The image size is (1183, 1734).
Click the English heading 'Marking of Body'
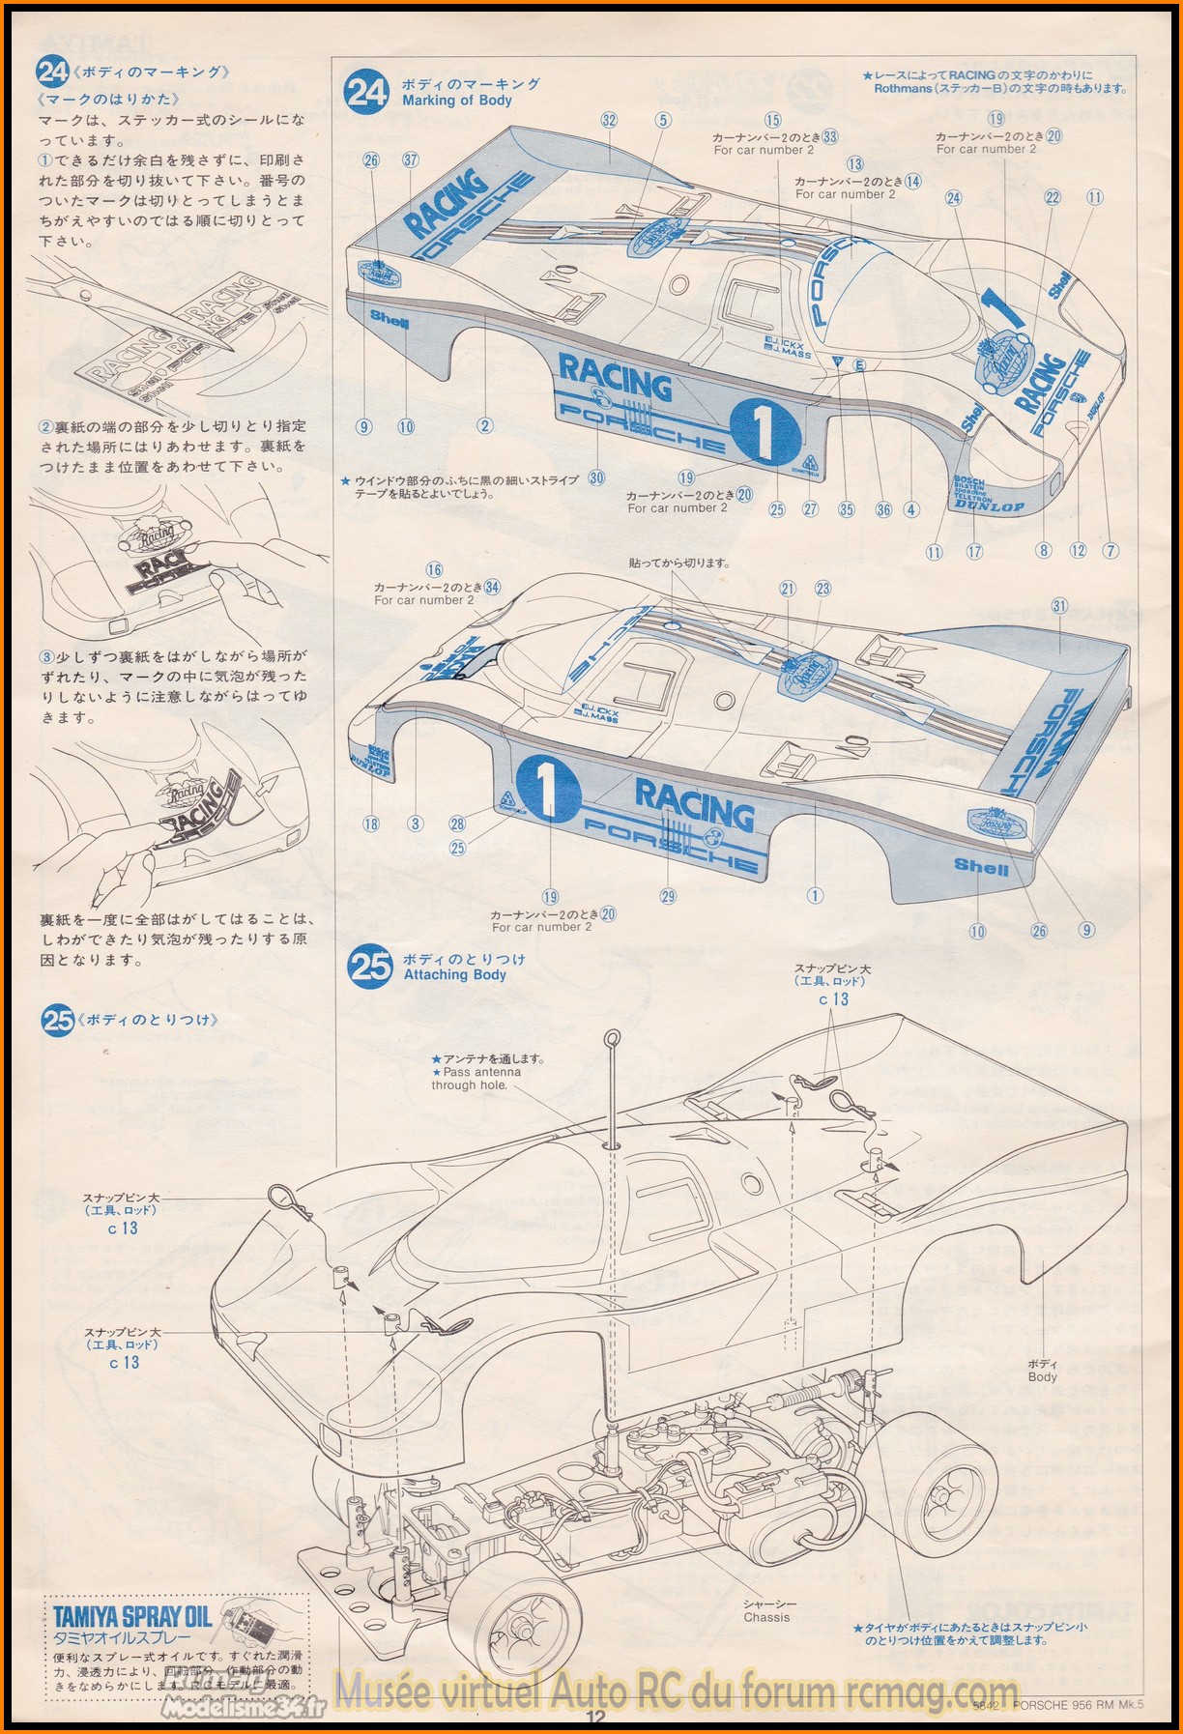click(x=457, y=100)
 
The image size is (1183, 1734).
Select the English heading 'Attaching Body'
click(x=454, y=974)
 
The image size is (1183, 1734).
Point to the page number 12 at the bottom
click(x=594, y=1717)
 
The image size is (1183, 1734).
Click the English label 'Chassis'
click(x=766, y=1617)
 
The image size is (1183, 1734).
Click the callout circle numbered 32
click(x=609, y=121)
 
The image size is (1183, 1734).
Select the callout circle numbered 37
click(x=411, y=159)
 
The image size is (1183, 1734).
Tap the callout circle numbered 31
click(x=1059, y=606)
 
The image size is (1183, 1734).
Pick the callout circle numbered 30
click(x=596, y=477)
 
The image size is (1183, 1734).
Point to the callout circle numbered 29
click(x=668, y=896)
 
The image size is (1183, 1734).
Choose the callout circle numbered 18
click(x=371, y=824)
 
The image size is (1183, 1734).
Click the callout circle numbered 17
click(x=974, y=551)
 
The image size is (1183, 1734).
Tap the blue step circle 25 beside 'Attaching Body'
click(x=370, y=966)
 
